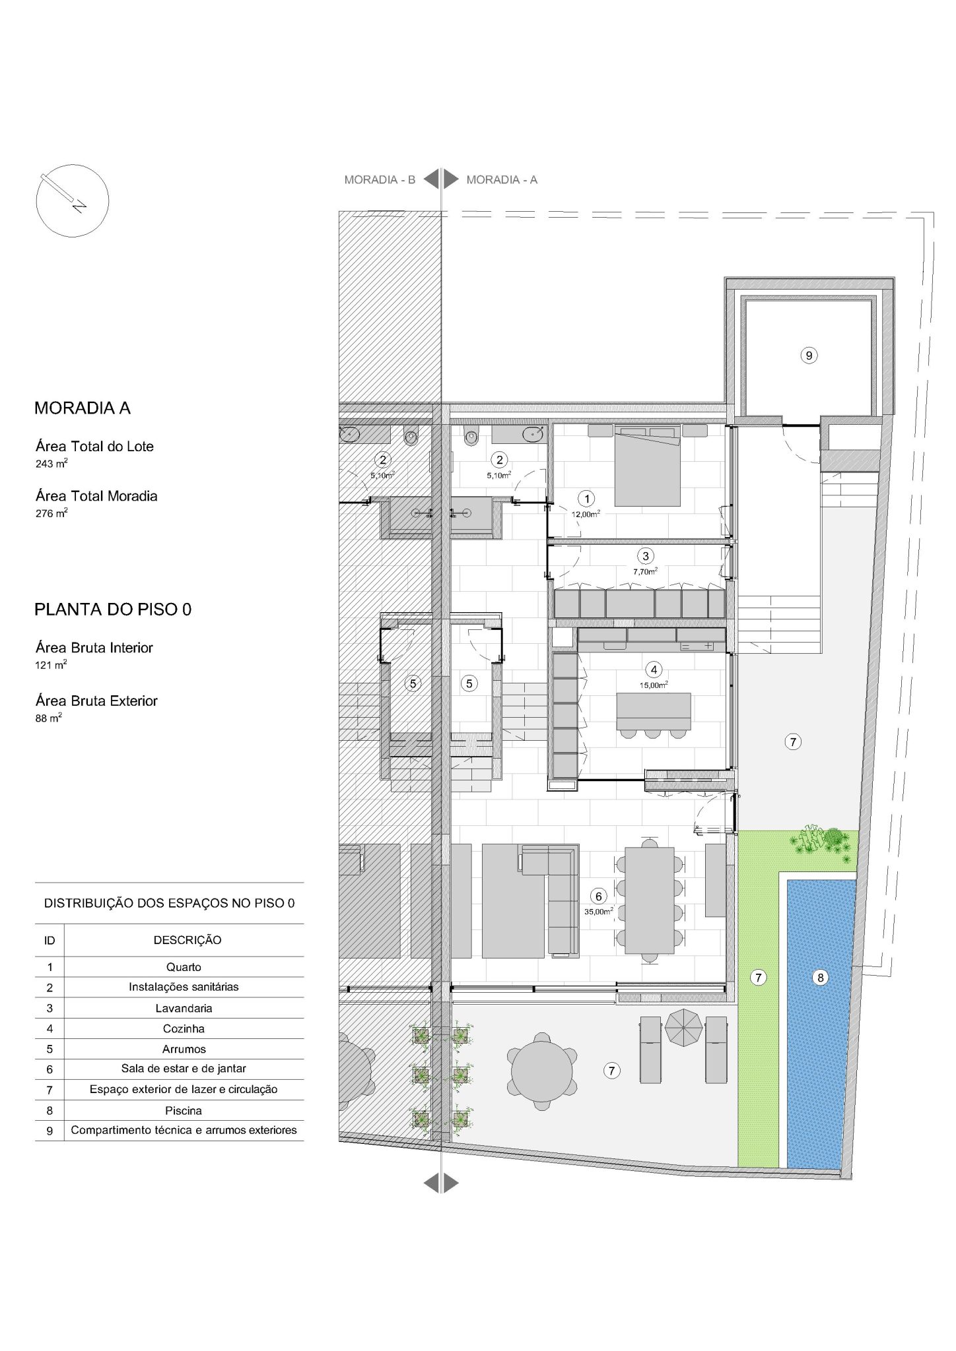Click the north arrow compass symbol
coord(72,201)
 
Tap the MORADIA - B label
coord(380,179)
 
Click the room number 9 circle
coord(808,356)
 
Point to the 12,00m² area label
coord(586,514)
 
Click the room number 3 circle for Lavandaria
coord(646,556)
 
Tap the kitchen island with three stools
coord(654,716)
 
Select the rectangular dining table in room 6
coord(650,900)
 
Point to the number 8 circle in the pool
coord(821,978)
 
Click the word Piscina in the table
coord(184,1110)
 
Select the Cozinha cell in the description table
coord(184,1028)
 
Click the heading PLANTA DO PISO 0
coord(113,610)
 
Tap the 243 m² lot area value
coord(51,464)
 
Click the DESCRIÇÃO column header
coord(188,940)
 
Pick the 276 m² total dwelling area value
coord(51,513)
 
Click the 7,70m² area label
coord(645,572)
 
